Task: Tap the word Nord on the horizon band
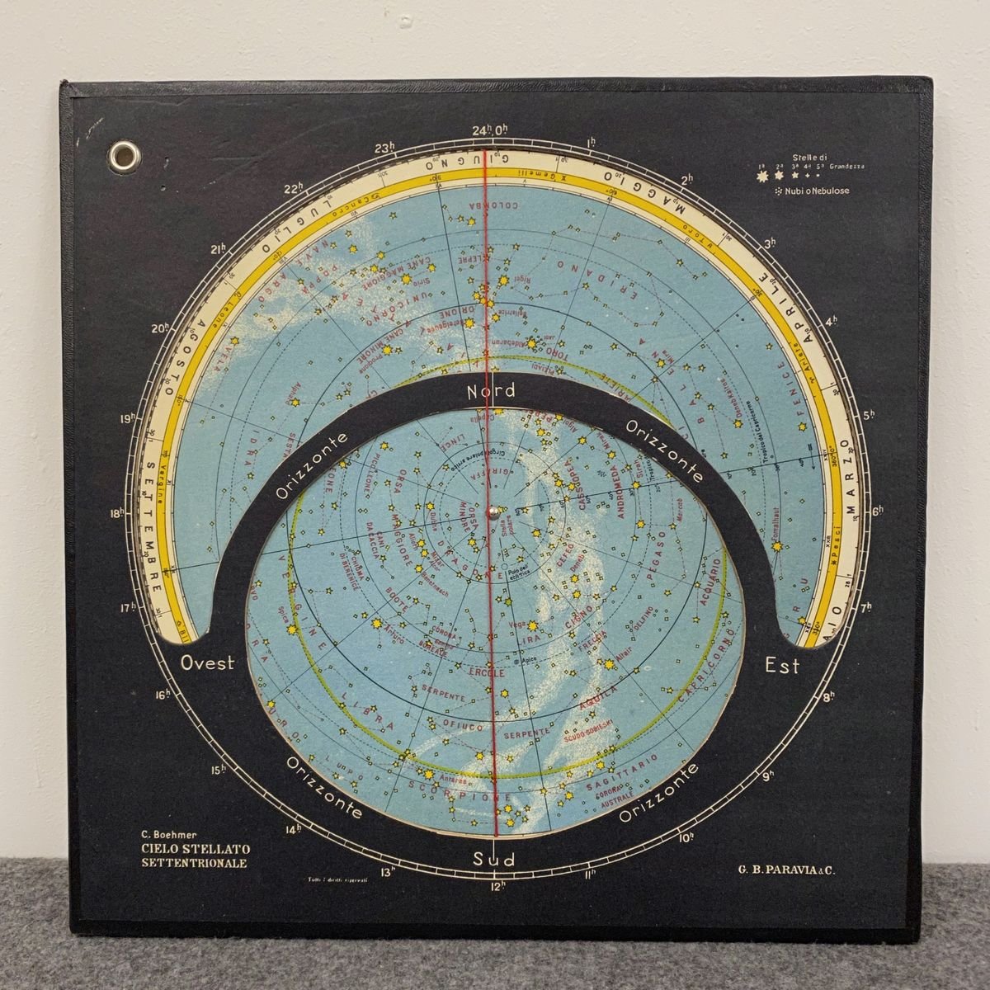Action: click(x=491, y=391)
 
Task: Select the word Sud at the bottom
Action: click(x=494, y=860)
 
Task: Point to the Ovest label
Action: click(x=208, y=662)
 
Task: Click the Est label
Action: click(x=782, y=665)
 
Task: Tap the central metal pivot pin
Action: click(x=493, y=511)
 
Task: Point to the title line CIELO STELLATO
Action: click(x=196, y=849)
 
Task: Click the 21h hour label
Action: click(x=218, y=248)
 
